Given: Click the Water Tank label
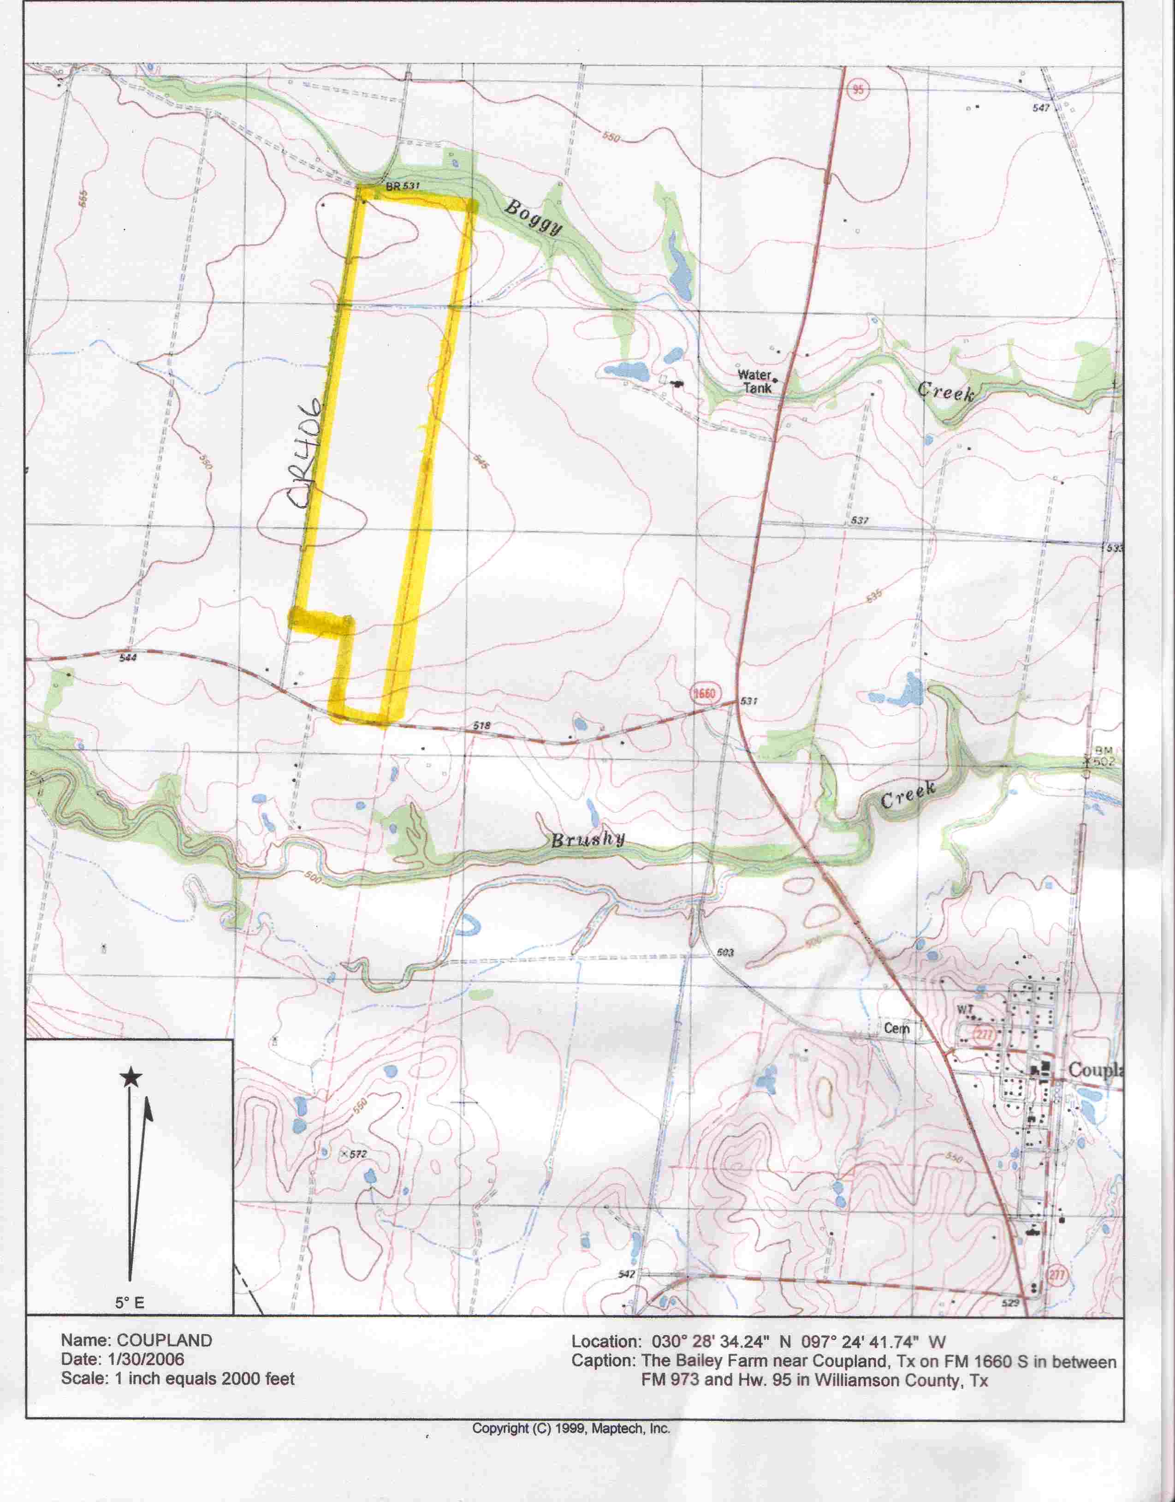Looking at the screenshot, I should pos(755,381).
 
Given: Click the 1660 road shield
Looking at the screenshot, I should pos(705,693).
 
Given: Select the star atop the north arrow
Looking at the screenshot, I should pos(131,1078).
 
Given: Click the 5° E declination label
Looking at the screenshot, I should pos(130,1302).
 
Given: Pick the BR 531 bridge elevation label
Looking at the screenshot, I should pos(403,186).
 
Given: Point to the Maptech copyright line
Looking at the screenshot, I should pos(570,1428).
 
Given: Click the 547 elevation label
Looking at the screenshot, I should pos(1041,108).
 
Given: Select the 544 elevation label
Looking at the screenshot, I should pos(128,658).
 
